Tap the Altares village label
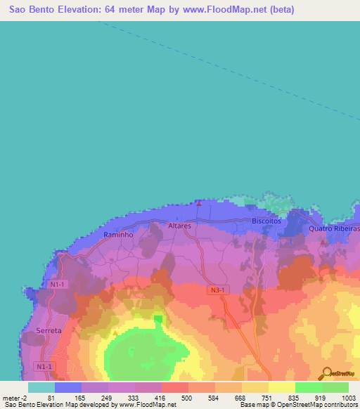[x=180, y=226]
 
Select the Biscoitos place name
[x=266, y=221]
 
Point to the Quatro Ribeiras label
[x=335, y=229]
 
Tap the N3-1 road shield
[x=219, y=290]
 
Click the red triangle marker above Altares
[x=199, y=204]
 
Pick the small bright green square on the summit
[x=157, y=319]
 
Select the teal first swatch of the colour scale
[x=41, y=387]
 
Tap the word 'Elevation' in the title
[x=76, y=10]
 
